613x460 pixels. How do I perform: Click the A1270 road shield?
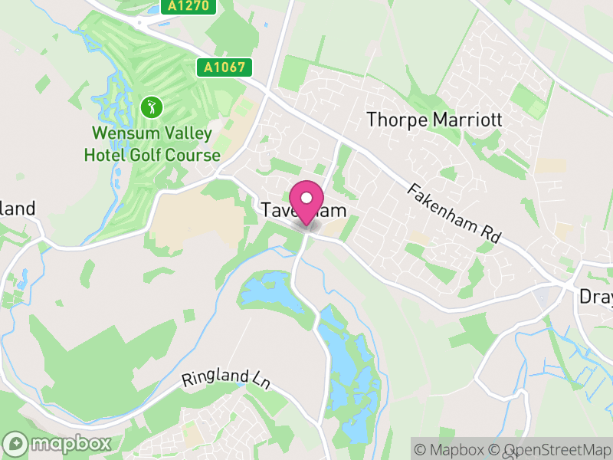(189, 6)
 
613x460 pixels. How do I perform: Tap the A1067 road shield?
(224, 67)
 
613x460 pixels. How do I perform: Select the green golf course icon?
(151, 107)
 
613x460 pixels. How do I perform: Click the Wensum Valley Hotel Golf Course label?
(152, 143)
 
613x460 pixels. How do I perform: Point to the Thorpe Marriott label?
(434, 120)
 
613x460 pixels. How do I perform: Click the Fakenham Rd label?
(454, 213)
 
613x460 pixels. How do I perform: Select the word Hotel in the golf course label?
(110, 155)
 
